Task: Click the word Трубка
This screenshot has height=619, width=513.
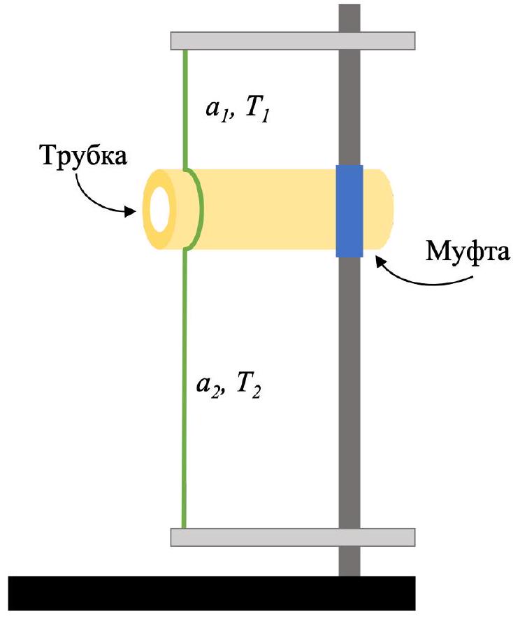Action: point(84,156)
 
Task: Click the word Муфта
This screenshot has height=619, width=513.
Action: point(468,252)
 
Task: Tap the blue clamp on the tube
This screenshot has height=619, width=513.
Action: point(349,211)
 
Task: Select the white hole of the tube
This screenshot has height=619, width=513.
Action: point(160,209)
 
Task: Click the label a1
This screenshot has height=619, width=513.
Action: point(217,109)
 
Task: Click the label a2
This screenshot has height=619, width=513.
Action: point(208,385)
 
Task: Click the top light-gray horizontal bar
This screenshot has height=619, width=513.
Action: point(293,41)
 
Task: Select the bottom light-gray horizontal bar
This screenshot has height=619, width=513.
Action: point(293,537)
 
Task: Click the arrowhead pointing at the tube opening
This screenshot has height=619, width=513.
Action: point(130,211)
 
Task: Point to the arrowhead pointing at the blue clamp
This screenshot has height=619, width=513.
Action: point(380,262)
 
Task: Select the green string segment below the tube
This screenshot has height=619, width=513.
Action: point(184,390)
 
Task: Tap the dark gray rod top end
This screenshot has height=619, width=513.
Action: point(349,6)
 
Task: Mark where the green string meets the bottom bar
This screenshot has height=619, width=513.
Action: point(184,528)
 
